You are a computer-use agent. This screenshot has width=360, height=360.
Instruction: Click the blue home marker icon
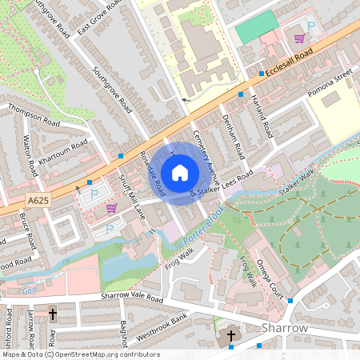coord(180,172)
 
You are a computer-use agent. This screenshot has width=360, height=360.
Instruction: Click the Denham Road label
coord(232,134)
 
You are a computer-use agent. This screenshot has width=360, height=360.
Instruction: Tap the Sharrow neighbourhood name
coord(285,328)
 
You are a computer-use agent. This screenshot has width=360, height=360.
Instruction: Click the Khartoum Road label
coord(62,151)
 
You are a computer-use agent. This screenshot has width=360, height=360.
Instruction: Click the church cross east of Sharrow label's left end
coord(232,335)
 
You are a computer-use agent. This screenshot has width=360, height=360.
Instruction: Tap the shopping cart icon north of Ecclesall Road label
coord(299,38)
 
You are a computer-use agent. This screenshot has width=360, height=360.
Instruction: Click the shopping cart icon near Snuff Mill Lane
coord(110,208)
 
